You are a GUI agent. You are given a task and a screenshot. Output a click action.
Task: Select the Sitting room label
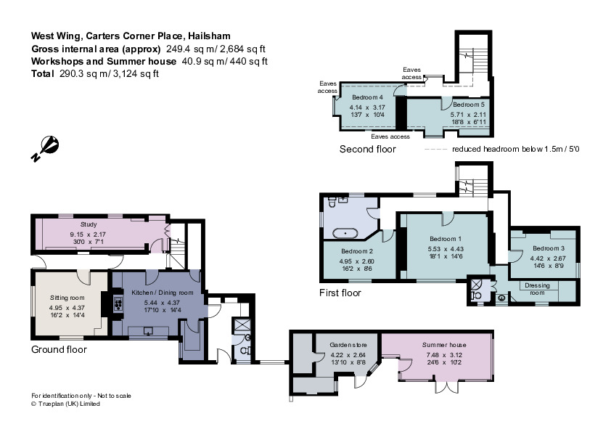tap(67, 298)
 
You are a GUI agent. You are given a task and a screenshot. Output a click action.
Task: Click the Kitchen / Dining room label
tap(162, 292)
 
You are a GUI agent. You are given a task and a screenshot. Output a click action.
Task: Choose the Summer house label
tap(444, 345)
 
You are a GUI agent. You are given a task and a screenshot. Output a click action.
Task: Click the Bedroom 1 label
tap(446, 239)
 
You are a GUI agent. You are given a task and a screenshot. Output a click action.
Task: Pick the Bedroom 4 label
tap(367, 97)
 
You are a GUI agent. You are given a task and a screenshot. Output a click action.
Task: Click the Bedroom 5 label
tap(459, 105)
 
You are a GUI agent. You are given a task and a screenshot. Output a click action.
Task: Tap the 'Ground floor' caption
tap(59, 349)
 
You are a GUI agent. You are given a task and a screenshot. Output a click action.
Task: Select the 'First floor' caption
tap(340, 293)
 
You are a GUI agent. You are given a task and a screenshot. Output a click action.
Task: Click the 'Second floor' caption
tap(368, 150)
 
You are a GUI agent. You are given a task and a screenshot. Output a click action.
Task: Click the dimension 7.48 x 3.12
tap(444, 356)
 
